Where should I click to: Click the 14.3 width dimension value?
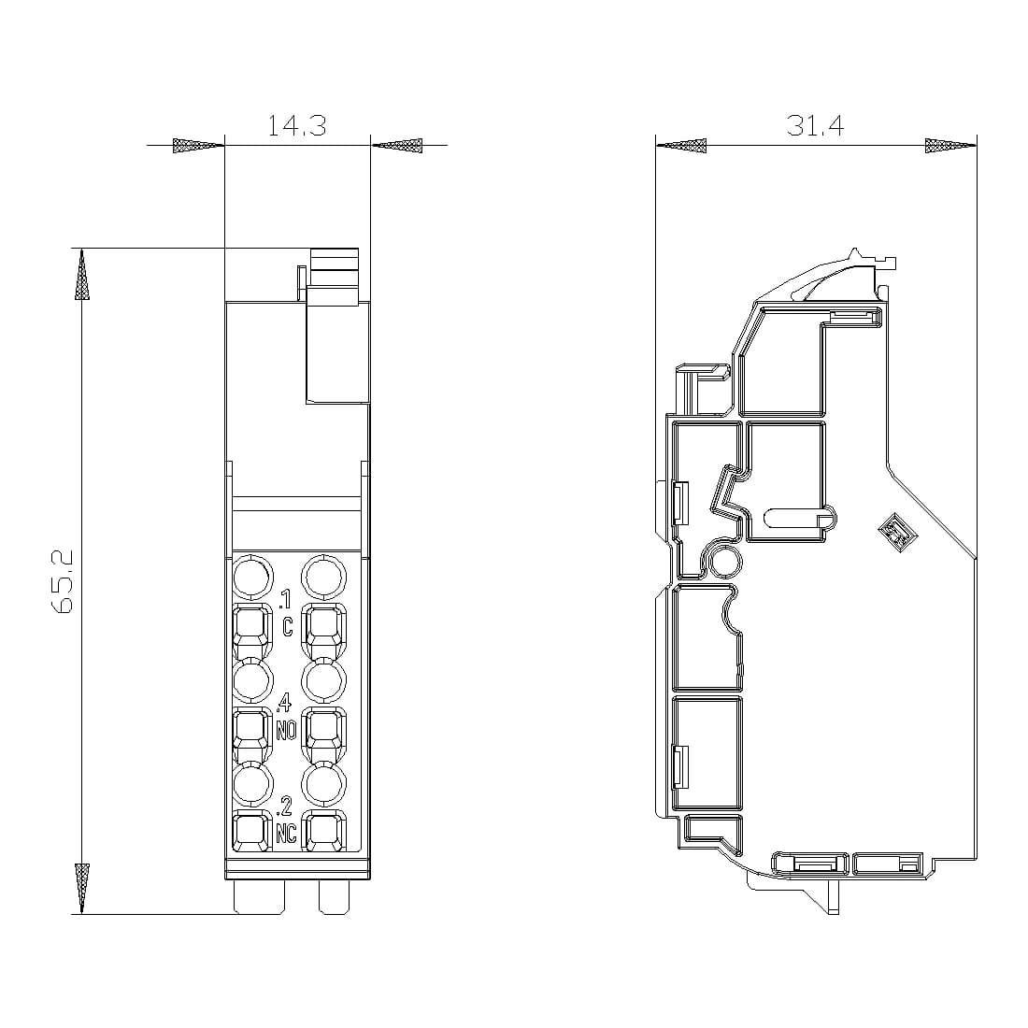[x=296, y=126]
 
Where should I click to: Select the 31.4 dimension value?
[x=814, y=126]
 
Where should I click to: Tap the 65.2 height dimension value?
[x=63, y=581]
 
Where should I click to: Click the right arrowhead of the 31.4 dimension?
[x=950, y=145]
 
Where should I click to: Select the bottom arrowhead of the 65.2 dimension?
[x=83, y=889]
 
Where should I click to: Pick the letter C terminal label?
[x=288, y=627]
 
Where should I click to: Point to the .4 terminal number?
[x=285, y=701]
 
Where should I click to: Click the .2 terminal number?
[x=285, y=804]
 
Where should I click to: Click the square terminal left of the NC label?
[x=250, y=833]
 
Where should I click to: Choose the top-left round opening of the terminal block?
[x=251, y=578]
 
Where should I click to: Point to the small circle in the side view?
[x=726, y=562]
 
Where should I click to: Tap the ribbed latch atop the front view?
[x=335, y=278]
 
